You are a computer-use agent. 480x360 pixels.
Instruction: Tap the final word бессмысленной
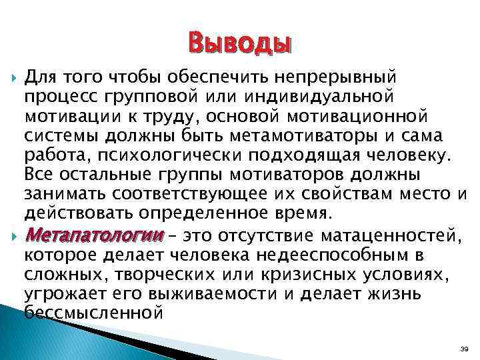coord(93,311)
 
